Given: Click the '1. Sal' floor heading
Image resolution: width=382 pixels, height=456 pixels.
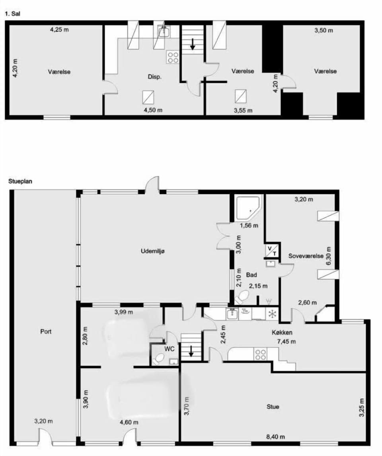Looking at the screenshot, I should (x=12, y=14).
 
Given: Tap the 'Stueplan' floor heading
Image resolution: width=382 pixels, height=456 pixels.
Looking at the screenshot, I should (x=20, y=181).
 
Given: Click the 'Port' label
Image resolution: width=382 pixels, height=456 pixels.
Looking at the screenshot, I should (x=46, y=331).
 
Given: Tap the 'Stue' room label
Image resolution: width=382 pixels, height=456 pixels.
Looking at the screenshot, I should (x=273, y=407).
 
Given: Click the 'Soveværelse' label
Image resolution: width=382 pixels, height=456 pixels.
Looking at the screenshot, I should (x=306, y=256).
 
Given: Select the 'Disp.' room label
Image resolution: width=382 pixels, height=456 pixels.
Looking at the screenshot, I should (x=154, y=78).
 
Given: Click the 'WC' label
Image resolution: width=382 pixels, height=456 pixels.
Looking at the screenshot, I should (x=170, y=347).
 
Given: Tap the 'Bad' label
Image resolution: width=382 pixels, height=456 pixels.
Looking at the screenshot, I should (x=251, y=275).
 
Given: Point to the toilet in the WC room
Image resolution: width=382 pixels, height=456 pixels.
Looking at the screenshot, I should (x=158, y=360).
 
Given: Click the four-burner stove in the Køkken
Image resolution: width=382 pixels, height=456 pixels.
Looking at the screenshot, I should (x=260, y=354).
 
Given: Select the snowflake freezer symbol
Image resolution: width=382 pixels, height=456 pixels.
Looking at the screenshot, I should (x=272, y=314).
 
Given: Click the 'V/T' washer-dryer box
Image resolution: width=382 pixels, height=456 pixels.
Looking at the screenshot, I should (x=272, y=250).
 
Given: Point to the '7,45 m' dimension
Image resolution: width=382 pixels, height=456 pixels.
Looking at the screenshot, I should (x=286, y=341).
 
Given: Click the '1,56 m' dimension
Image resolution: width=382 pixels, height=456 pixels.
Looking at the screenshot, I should (x=249, y=225).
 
